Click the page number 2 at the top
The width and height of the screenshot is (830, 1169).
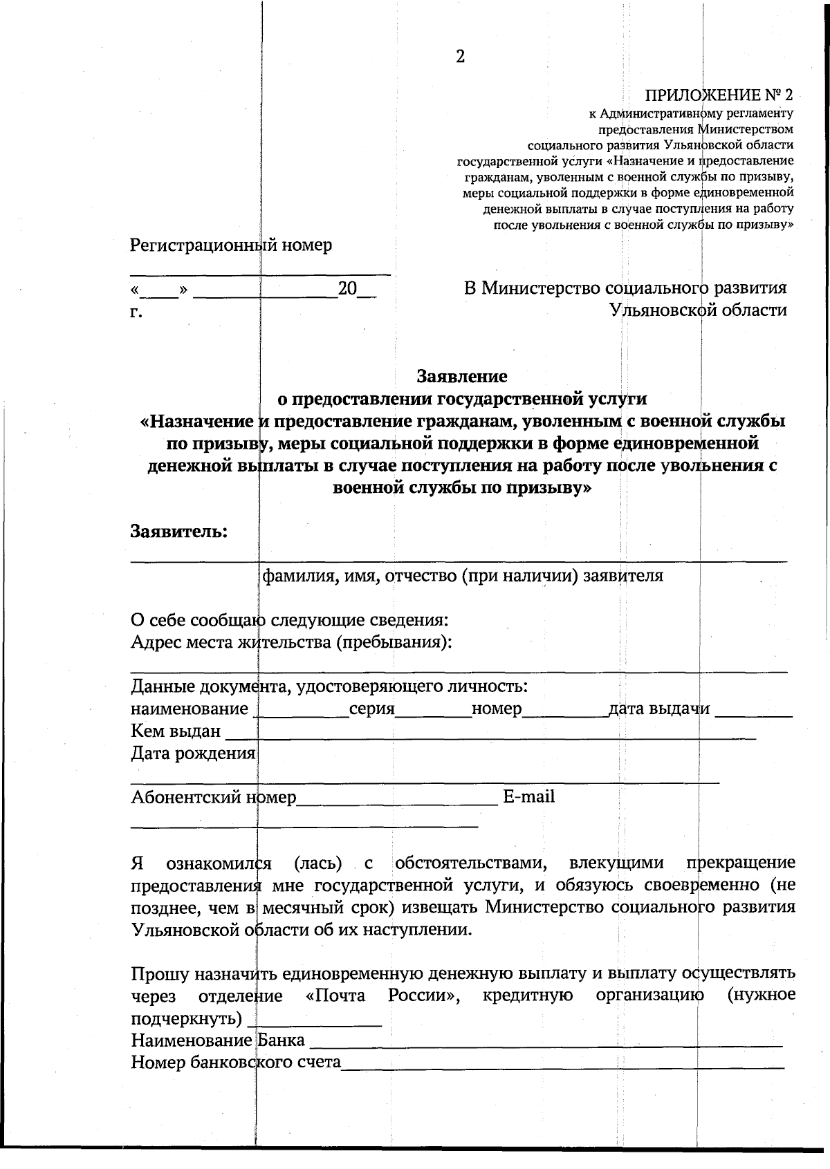pyautogui.click(x=461, y=57)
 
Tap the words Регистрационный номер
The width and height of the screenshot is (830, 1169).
pyautogui.click(x=231, y=245)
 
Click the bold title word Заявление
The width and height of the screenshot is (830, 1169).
pyautogui.click(x=461, y=376)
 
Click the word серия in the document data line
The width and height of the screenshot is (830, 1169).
pyautogui.click(x=371, y=709)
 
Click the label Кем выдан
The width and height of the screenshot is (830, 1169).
pyautogui.click(x=176, y=731)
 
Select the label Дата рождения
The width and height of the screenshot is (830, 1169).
pyautogui.click(x=193, y=753)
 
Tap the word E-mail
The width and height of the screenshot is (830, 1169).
pyautogui.click(x=529, y=796)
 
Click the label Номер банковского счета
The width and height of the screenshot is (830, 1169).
pyautogui.click(x=236, y=1062)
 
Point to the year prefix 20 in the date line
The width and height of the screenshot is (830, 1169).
pyautogui.click(x=347, y=288)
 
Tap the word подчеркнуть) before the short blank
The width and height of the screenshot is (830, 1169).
pyautogui.click(x=186, y=1019)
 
